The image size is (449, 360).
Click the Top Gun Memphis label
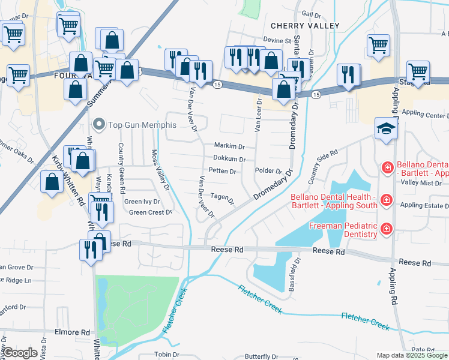(142, 125)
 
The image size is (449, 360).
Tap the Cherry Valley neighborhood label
(305, 26)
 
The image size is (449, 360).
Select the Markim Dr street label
(229, 146)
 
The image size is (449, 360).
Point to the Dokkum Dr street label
(229, 159)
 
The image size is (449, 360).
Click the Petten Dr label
(221, 171)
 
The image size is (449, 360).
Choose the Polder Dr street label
(268, 171)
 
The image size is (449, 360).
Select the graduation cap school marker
(385, 127)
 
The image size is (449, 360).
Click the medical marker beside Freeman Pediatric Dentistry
(386, 228)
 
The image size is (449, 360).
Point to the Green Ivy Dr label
(142, 202)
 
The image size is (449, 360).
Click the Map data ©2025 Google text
(412, 355)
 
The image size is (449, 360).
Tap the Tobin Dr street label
(167, 355)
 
